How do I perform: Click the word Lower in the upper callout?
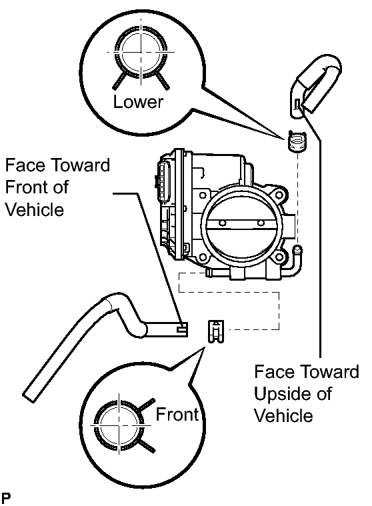click(x=138, y=101)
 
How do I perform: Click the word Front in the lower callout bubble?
click(x=177, y=414)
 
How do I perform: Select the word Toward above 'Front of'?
click(x=81, y=165)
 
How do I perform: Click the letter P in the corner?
click(x=5, y=498)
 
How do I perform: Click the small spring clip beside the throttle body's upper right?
click(x=297, y=141)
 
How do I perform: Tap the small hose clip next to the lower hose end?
click(x=215, y=331)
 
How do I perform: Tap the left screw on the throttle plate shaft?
click(x=221, y=223)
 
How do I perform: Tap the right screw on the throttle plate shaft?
click(x=261, y=223)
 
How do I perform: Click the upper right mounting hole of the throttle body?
click(x=279, y=195)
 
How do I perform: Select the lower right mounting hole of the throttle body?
click(x=279, y=257)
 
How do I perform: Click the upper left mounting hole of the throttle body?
click(x=203, y=195)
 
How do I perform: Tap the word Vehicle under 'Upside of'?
click(x=283, y=415)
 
